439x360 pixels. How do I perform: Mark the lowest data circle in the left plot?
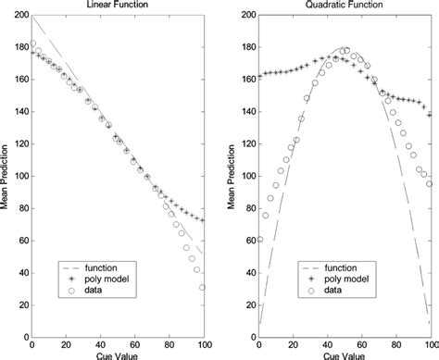click(x=201, y=288)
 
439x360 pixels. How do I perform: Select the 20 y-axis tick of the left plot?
click(x=23, y=303)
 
